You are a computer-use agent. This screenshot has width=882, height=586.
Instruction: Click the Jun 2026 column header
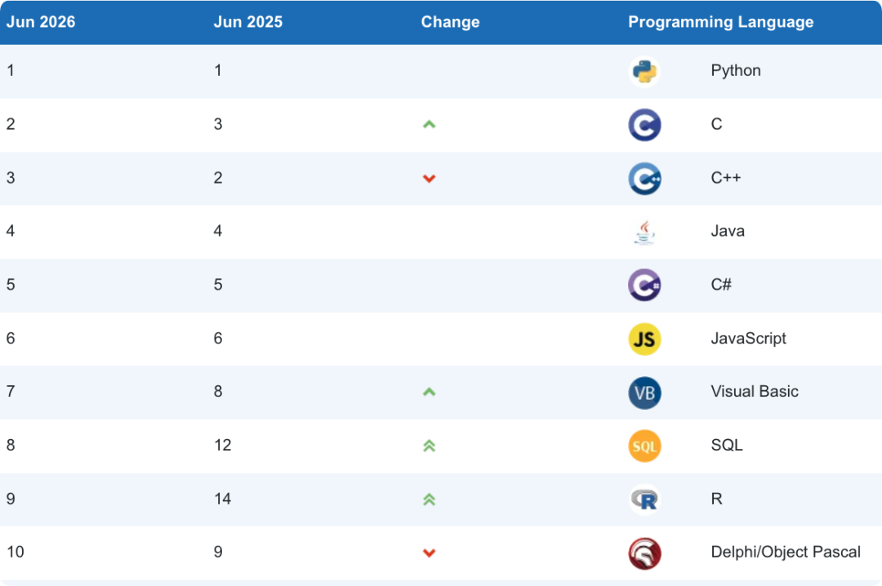tap(41, 22)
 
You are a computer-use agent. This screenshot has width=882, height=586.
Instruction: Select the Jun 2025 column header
tap(248, 22)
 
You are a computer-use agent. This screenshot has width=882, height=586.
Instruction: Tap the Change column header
tap(450, 22)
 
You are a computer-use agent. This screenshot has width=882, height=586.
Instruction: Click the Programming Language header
tap(720, 22)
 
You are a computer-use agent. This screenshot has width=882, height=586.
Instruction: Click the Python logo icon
tap(644, 72)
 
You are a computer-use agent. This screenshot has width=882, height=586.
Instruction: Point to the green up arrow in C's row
tap(430, 124)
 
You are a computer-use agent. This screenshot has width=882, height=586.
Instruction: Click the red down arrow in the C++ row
tap(430, 178)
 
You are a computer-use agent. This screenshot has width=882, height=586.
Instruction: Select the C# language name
tap(721, 285)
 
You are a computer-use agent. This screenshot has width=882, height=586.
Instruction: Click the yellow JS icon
tap(644, 340)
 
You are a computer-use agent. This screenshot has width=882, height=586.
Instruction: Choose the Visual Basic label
tap(755, 392)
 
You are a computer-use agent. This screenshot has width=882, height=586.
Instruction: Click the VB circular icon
tap(644, 393)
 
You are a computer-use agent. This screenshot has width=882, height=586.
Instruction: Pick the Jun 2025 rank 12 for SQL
tap(223, 446)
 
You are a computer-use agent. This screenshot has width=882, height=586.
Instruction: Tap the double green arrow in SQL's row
tap(430, 446)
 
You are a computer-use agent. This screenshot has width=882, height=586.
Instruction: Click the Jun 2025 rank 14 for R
tap(223, 499)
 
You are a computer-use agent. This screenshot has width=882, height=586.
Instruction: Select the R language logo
tap(644, 499)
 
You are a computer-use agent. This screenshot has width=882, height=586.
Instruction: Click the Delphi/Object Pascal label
tap(786, 553)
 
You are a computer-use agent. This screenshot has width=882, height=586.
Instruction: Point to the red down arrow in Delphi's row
tap(430, 553)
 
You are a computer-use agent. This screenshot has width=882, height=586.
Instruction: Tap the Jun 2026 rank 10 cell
tap(16, 553)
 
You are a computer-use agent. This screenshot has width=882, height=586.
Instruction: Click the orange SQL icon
tap(644, 446)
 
